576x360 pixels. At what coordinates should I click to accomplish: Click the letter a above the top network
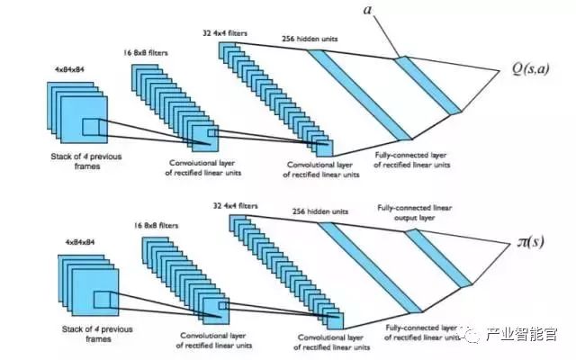click(368, 10)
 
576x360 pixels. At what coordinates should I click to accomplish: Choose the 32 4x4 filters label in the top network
click(227, 33)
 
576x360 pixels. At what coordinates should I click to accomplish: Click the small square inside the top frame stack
click(94, 130)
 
